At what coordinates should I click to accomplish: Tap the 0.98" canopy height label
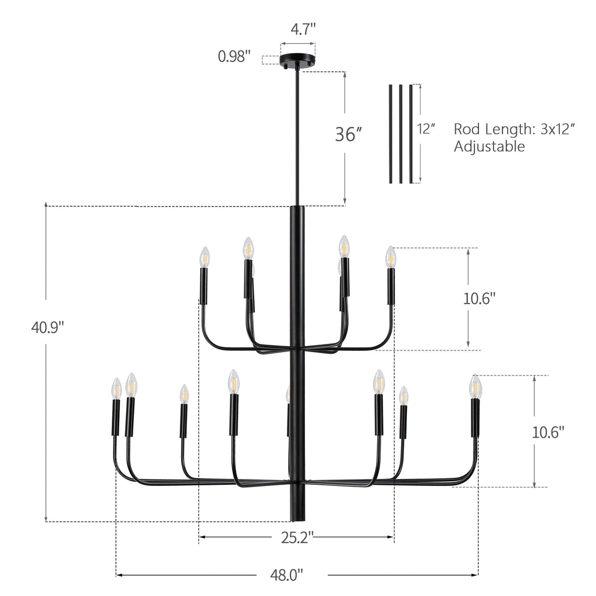pyautogui.click(x=234, y=56)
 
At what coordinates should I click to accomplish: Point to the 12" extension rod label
pyautogui.click(x=427, y=129)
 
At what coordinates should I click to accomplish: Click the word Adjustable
pyautogui.click(x=489, y=147)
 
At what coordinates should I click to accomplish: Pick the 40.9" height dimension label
pyautogui.click(x=47, y=328)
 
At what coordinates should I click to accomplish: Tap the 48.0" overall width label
pyautogui.click(x=287, y=576)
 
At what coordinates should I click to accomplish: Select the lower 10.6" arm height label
pyautogui.click(x=548, y=432)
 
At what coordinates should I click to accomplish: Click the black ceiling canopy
pyautogui.click(x=297, y=61)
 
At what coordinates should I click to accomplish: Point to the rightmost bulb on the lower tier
pyautogui.click(x=476, y=386)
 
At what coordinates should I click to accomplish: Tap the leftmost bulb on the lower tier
pyautogui.click(x=116, y=389)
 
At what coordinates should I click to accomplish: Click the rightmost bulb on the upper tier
pyautogui.click(x=391, y=257)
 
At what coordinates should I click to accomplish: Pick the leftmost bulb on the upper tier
pyautogui.click(x=204, y=257)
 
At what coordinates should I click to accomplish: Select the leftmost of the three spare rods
pyautogui.click(x=390, y=134)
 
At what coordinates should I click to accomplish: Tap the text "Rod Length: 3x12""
pyautogui.click(x=515, y=129)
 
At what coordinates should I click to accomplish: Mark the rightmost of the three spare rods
pyautogui.click(x=411, y=134)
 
